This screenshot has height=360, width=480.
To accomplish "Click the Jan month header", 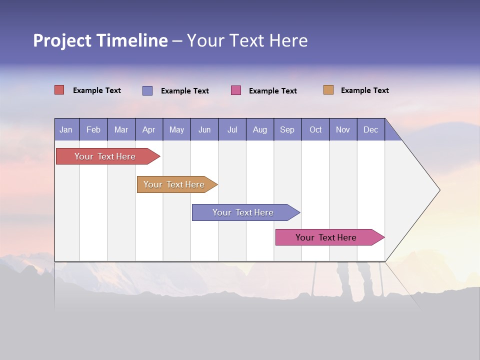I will tap(66, 129).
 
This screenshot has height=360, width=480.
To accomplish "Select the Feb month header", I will tap(93, 129).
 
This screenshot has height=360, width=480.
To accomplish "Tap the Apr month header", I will tap(148, 129).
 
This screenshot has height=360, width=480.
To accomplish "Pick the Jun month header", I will tap(204, 129).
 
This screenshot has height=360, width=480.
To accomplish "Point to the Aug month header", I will tap(259, 129).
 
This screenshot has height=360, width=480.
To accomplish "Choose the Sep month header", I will tap(287, 129).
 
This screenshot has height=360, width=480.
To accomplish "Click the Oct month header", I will tap(315, 129).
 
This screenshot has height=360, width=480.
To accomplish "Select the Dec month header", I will tap(370, 129).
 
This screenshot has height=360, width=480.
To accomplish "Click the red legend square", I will tap(59, 90).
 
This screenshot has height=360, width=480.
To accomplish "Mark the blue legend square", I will tap(147, 90).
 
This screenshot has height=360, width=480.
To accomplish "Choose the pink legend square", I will tap(236, 90).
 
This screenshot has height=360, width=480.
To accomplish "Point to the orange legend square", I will tap(328, 90).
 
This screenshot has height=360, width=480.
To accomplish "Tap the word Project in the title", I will tap(62, 40).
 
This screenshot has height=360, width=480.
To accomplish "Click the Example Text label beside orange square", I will tap(364, 90).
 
